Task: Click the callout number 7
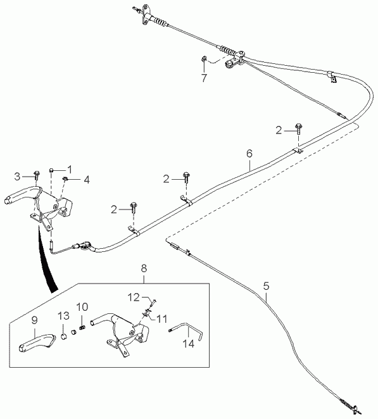204,78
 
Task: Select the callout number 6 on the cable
249,154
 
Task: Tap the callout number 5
266,286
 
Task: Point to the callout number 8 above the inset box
144,268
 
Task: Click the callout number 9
34,320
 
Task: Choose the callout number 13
63,316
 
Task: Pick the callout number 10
82,307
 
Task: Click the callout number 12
134,297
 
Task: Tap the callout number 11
162,318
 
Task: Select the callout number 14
188,344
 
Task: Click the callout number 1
70,169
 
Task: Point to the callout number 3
17,177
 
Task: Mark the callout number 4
87,180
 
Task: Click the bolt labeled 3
37,175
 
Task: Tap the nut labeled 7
203,58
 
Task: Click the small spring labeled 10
82,327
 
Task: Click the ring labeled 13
64,337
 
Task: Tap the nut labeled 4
65,178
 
